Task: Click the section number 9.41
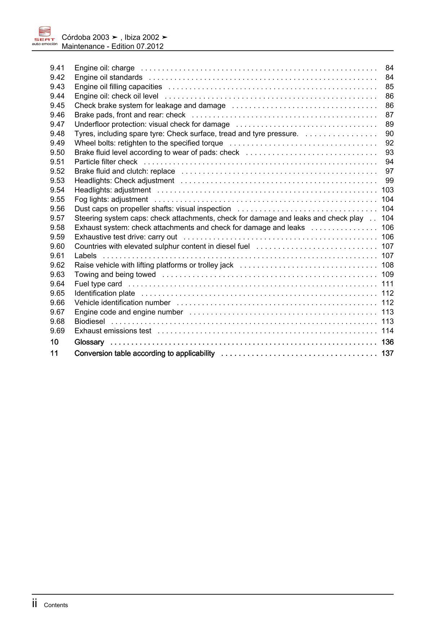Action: pyautogui.click(x=57, y=68)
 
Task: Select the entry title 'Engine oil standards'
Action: pyautogui.click(x=108, y=78)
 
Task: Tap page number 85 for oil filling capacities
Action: pyautogui.click(x=389, y=87)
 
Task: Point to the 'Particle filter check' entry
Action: pyautogui.click(x=106, y=162)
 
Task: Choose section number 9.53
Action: pyautogui.click(x=57, y=181)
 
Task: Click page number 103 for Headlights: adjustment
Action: pyautogui.click(x=388, y=190)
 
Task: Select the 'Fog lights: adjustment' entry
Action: pyautogui.click(x=111, y=199)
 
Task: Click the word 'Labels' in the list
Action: pyautogui.click(x=85, y=256)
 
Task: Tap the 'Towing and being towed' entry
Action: pyautogui.click(x=115, y=274)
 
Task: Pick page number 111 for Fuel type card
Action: pyautogui.click(x=388, y=284)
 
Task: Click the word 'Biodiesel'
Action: pyautogui.click(x=90, y=321)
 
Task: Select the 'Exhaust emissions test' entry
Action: pyautogui.click(x=113, y=331)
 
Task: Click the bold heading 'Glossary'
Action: pyautogui.click(x=89, y=342)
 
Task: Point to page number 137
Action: pyautogui.click(x=388, y=353)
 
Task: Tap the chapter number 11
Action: pyautogui.click(x=54, y=353)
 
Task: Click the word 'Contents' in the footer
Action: pyautogui.click(x=56, y=605)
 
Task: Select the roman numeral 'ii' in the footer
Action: pyautogui.click(x=35, y=604)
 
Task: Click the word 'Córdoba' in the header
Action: pyautogui.click(x=76, y=37)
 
